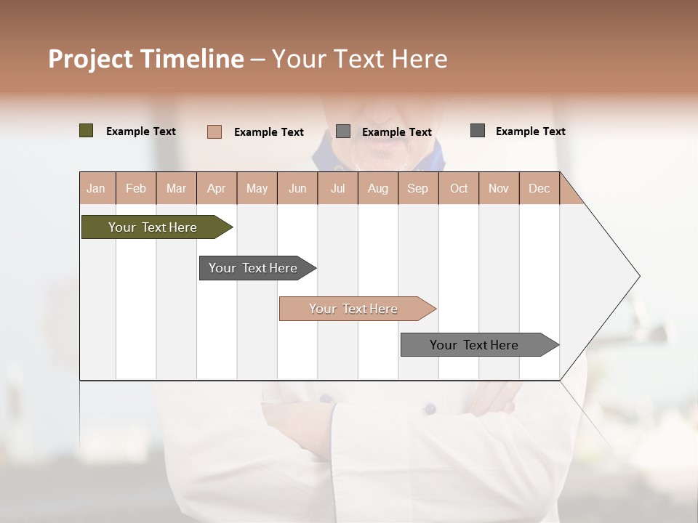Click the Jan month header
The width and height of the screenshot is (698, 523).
pyautogui.click(x=97, y=188)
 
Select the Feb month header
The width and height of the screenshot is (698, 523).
pyautogui.click(x=136, y=188)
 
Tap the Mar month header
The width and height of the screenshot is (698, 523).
pyautogui.click(x=176, y=188)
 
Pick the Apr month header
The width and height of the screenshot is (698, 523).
pyautogui.click(x=217, y=188)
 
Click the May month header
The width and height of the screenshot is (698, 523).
pyautogui.click(x=257, y=188)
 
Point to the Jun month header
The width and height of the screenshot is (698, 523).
pyautogui.click(x=297, y=188)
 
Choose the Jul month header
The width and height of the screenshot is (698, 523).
pyautogui.click(x=337, y=188)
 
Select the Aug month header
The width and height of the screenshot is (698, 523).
pyautogui.click(x=378, y=188)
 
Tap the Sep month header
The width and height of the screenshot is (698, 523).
pyautogui.click(x=418, y=188)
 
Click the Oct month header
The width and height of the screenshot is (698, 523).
pyautogui.click(x=459, y=188)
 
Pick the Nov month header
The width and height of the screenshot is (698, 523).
pyautogui.click(x=499, y=188)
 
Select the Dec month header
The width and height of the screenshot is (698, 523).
pyautogui.click(x=539, y=188)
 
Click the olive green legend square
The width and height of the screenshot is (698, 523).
pyautogui.click(x=87, y=131)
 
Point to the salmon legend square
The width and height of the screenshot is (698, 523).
pyautogui.click(x=214, y=131)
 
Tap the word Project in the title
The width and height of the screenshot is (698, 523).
pyautogui.click(x=92, y=59)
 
